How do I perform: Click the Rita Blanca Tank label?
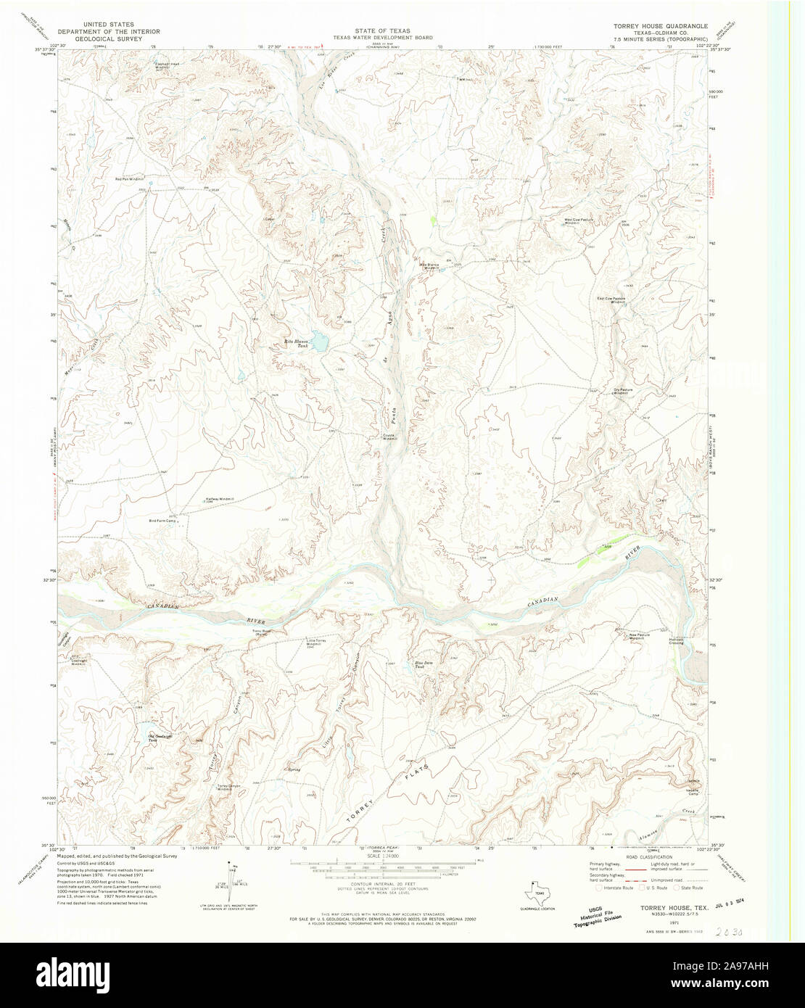click(x=297, y=344)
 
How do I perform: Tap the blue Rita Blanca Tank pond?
click(x=319, y=340)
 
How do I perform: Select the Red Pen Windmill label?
click(x=131, y=178)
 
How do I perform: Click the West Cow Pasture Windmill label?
click(x=579, y=220)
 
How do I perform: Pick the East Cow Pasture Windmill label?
click(x=611, y=299)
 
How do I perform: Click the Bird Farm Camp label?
click(x=162, y=521)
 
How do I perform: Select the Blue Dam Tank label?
click(x=424, y=664)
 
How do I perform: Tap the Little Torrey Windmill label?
click(x=319, y=643)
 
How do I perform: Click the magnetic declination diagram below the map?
click(x=234, y=877)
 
